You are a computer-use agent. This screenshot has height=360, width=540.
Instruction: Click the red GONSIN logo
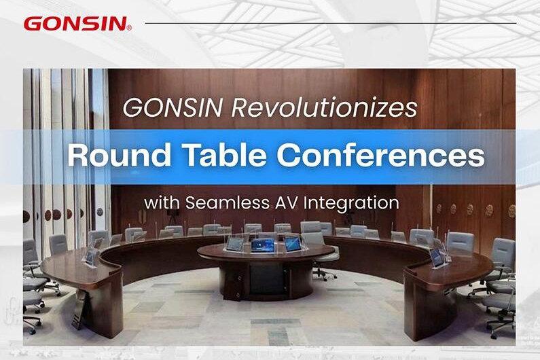pyautogui.click(x=74, y=24)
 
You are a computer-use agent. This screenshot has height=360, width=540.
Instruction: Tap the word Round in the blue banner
pyautogui.click(x=107, y=156)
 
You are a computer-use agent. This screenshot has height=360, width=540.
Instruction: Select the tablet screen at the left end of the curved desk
pyautogui.click(x=90, y=255)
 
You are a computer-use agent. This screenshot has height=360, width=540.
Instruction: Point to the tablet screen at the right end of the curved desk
pyautogui.click(x=436, y=256)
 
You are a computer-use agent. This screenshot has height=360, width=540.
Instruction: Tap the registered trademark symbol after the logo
pyautogui.click(x=129, y=28)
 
